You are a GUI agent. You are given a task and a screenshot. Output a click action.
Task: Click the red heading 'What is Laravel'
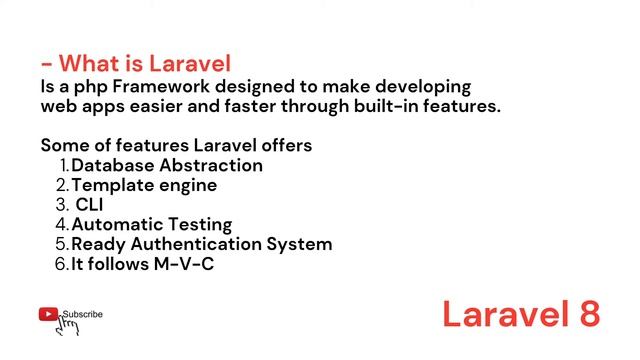click(x=145, y=64)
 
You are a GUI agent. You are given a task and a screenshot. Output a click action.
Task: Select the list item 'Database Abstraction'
click(x=167, y=165)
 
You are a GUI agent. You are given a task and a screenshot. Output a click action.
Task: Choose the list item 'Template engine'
click(x=144, y=185)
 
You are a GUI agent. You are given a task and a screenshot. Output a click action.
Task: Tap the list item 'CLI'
click(x=89, y=205)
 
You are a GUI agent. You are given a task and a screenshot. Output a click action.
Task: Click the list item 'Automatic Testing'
click(x=151, y=225)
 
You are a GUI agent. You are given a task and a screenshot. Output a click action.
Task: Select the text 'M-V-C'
click(x=183, y=264)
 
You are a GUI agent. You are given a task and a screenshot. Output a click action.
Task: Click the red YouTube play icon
click(x=48, y=314)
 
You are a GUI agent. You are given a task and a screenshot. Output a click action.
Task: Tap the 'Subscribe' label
click(x=83, y=314)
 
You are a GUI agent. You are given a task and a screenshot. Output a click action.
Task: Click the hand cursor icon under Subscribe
click(x=67, y=326)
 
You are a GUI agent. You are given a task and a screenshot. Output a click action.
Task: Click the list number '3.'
click(x=62, y=205)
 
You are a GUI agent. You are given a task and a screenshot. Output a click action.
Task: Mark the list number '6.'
click(x=62, y=264)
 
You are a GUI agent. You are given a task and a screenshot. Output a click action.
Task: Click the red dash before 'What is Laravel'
click(x=47, y=66)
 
